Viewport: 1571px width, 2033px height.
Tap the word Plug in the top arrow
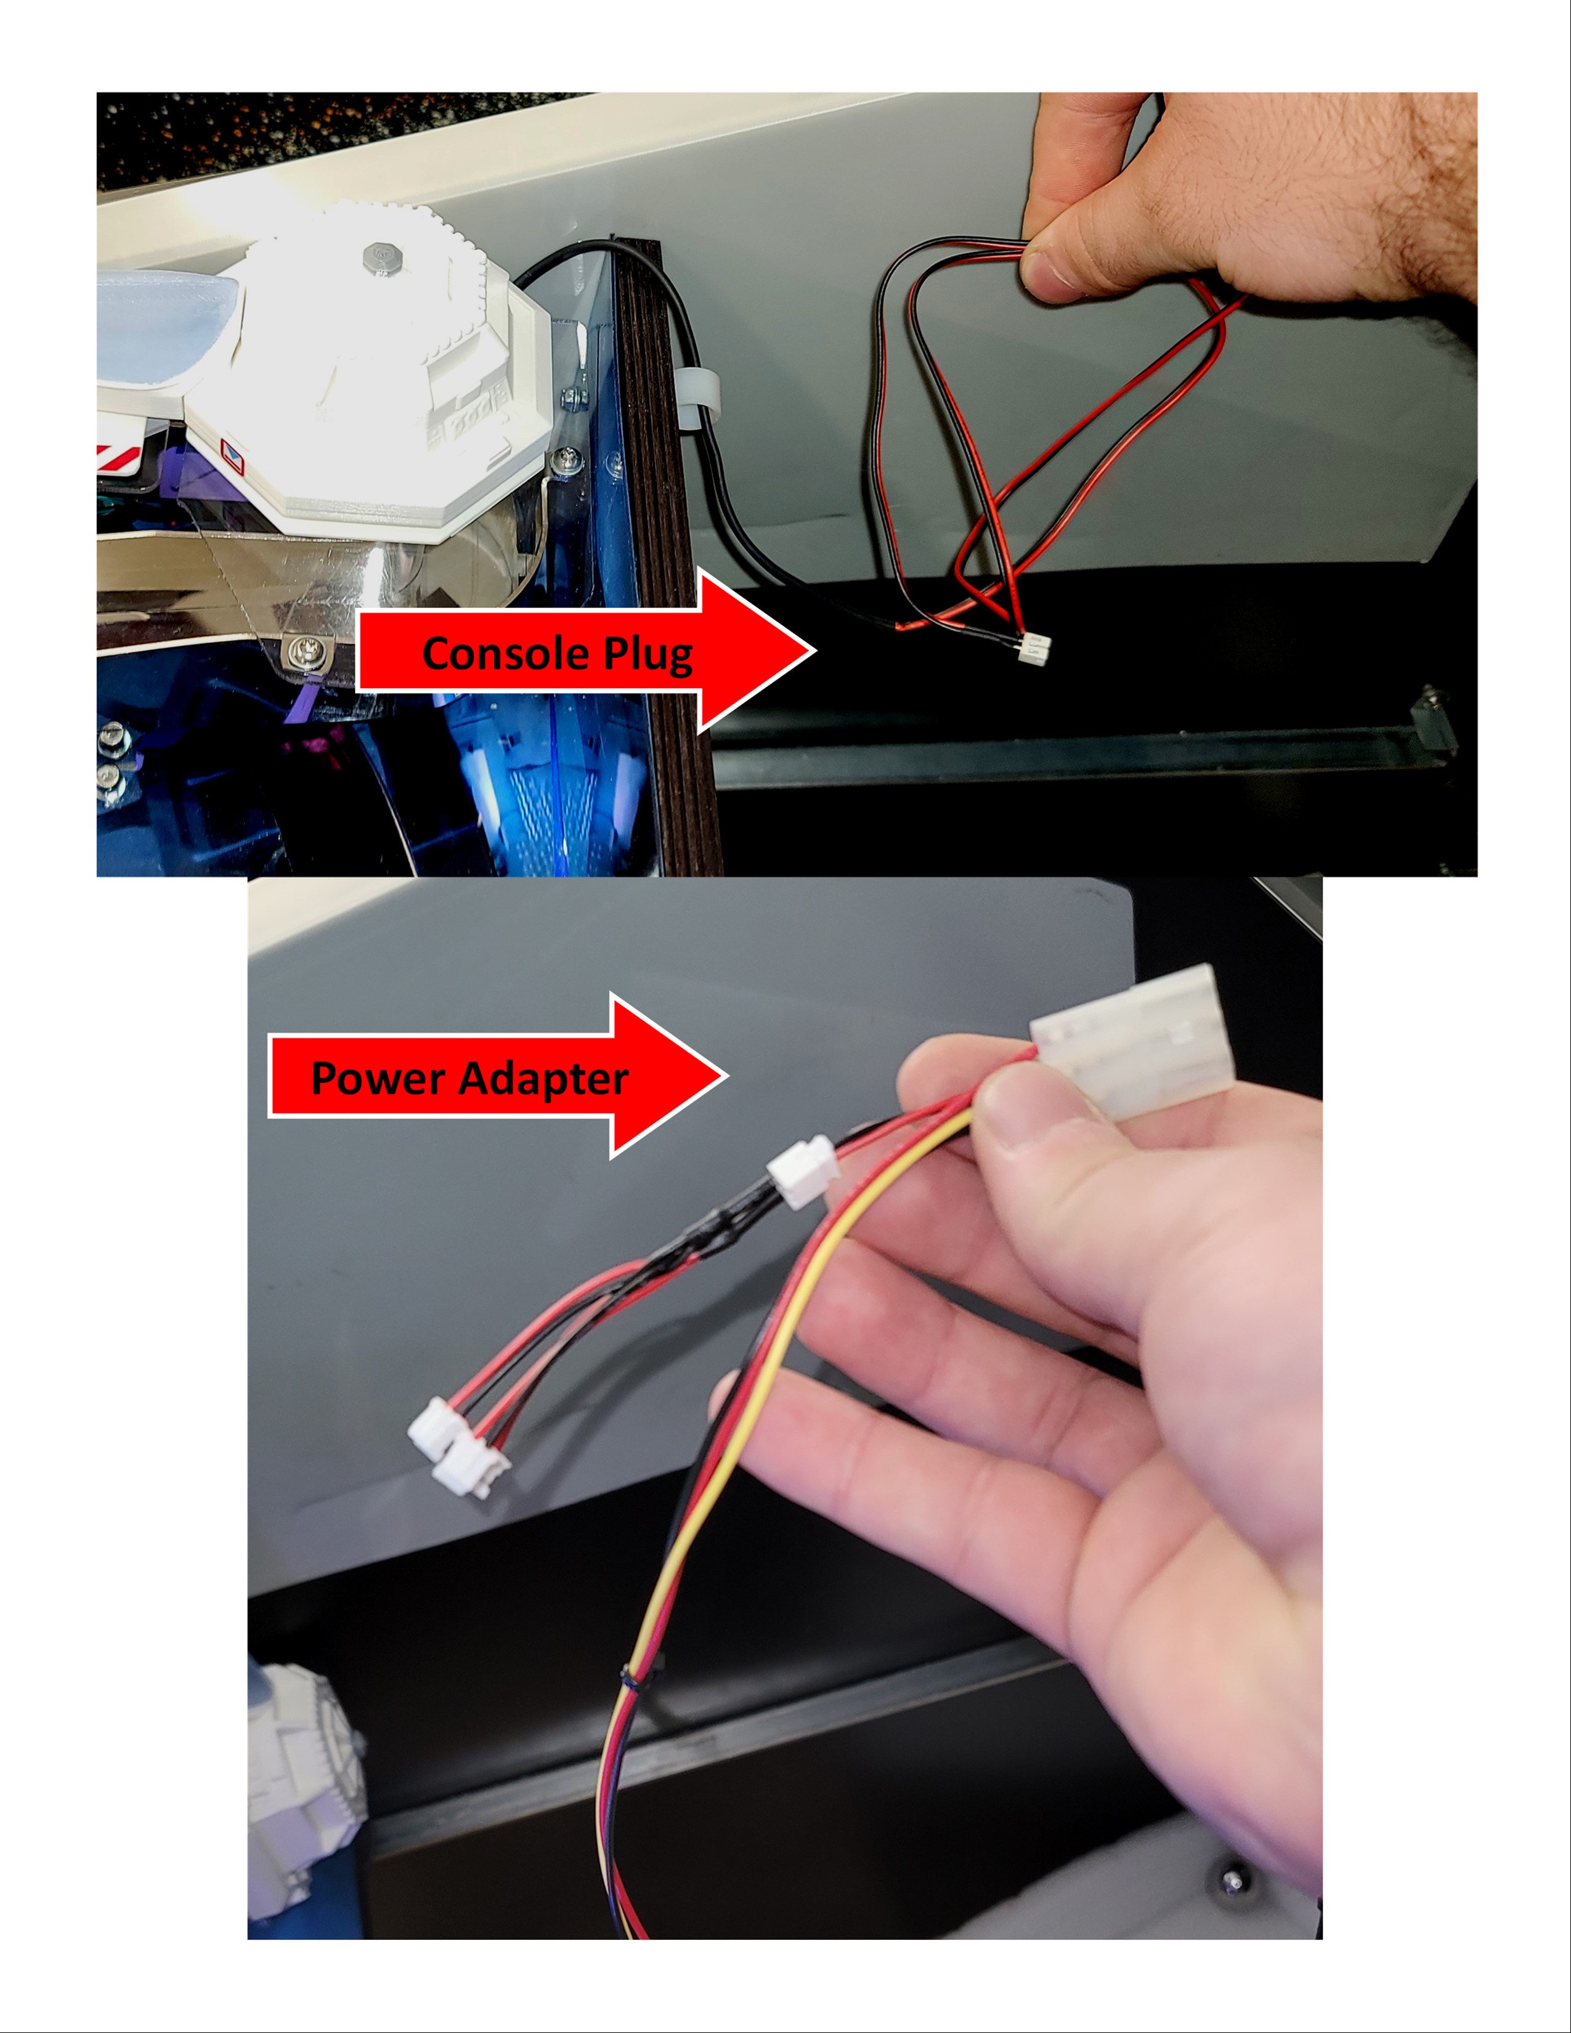tap(649, 655)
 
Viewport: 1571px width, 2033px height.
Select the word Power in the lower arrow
tap(378, 1078)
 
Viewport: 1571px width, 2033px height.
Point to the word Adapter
tap(543, 1080)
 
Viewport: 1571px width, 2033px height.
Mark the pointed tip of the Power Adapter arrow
tap(727, 1076)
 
